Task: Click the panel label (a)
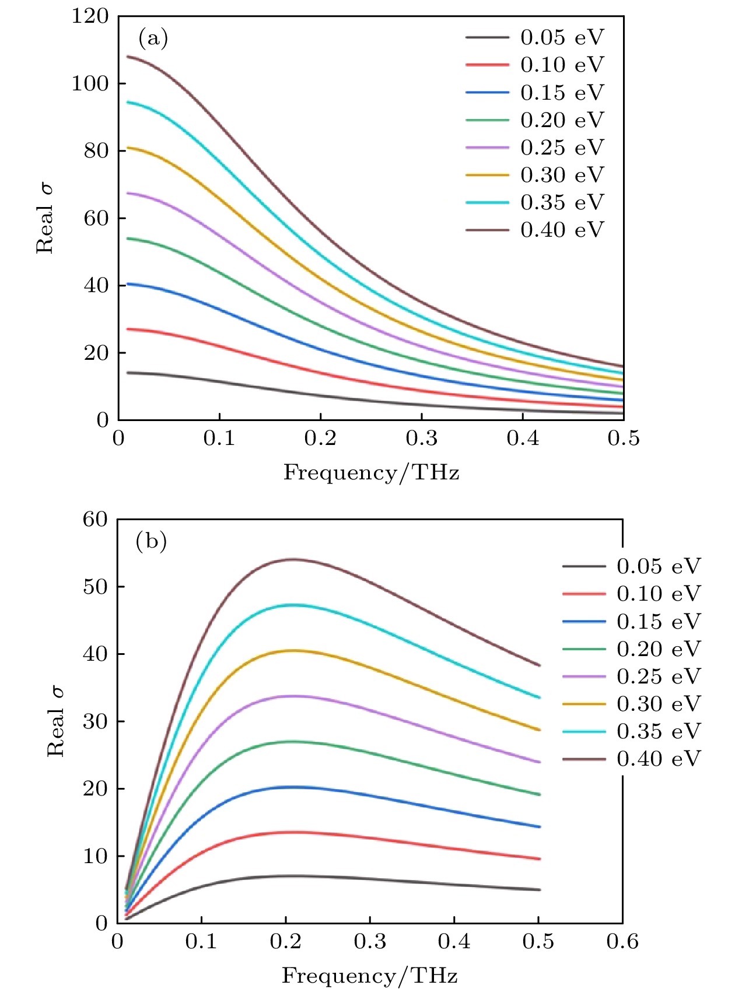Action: point(153,38)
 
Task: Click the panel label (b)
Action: point(151,541)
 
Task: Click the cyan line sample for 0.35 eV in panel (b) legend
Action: point(584,731)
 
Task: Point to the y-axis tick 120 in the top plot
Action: point(90,16)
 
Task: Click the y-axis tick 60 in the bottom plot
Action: point(96,519)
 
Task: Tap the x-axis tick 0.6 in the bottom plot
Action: point(622,942)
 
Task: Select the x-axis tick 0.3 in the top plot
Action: point(422,439)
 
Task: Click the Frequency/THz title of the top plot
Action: point(371,472)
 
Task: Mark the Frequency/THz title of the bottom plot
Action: point(369,975)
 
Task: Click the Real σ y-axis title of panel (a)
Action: point(45,218)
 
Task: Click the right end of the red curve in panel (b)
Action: point(538,858)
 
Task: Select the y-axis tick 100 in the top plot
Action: point(90,83)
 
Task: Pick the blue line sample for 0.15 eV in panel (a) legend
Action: point(487,93)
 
